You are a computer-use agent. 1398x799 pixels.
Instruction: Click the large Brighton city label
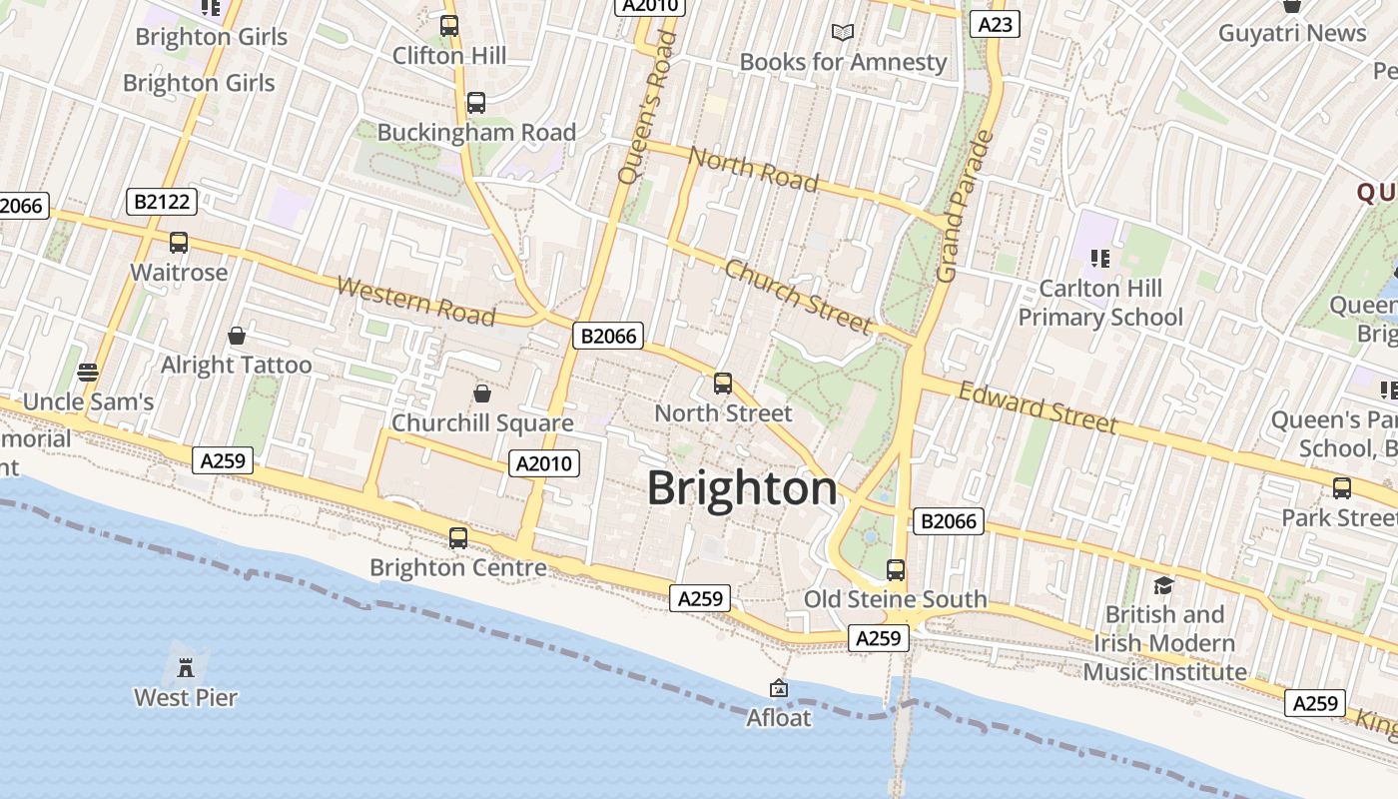click(x=742, y=488)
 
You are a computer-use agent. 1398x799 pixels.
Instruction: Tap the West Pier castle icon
click(x=186, y=666)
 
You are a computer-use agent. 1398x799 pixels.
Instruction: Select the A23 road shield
click(x=995, y=24)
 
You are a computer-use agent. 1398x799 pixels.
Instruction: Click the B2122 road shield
click(x=162, y=202)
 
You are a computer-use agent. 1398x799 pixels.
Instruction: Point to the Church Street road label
click(x=799, y=296)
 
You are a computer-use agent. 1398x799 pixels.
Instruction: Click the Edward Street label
click(x=1038, y=407)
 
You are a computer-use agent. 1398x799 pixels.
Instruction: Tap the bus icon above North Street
click(x=723, y=384)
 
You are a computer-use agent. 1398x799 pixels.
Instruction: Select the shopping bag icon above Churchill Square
click(x=482, y=394)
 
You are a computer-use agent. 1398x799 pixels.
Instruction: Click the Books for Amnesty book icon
click(x=843, y=33)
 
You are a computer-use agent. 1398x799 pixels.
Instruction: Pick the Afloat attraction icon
click(x=779, y=688)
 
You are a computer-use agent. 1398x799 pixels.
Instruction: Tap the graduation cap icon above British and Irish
click(x=1163, y=585)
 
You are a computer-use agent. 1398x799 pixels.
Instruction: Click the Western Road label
click(x=415, y=301)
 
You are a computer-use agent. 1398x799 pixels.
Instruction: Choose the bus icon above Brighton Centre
click(x=458, y=538)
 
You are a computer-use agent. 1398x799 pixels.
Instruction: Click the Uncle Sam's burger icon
click(x=88, y=373)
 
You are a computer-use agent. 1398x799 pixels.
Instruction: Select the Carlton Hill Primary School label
click(x=1100, y=303)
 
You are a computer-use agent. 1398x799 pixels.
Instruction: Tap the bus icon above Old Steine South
click(x=896, y=570)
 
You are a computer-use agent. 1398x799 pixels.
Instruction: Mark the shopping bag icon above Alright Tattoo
click(x=237, y=336)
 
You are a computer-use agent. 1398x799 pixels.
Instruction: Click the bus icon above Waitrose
click(x=179, y=243)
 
